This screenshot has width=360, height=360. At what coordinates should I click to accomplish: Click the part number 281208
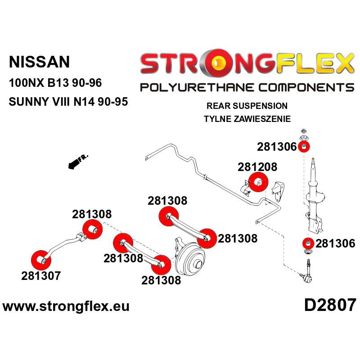(x=257, y=167)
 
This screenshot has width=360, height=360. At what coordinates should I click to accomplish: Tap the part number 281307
(x=41, y=275)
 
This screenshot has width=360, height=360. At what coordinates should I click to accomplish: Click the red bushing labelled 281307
(x=41, y=260)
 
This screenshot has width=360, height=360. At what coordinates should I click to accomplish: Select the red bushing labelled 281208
(x=258, y=182)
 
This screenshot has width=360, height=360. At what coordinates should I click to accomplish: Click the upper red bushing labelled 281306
(x=304, y=147)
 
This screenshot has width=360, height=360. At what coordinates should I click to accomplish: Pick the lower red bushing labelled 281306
(x=308, y=243)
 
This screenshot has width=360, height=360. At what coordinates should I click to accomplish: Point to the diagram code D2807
(x=330, y=305)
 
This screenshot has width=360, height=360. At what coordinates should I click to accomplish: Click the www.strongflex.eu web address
(x=66, y=306)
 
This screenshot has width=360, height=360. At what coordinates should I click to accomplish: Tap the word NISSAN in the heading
(x=39, y=62)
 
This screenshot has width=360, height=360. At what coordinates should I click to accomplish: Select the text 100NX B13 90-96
(x=55, y=83)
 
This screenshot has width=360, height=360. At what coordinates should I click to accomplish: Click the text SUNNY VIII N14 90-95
(x=68, y=102)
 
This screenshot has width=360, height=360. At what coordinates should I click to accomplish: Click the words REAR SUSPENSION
(x=247, y=106)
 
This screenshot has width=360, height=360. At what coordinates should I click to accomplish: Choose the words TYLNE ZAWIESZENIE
(x=247, y=119)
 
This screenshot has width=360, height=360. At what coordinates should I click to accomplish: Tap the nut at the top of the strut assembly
(x=303, y=131)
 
